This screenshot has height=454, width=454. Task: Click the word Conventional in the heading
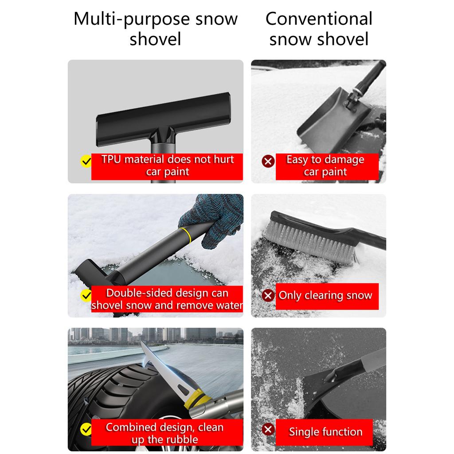pyautogui.click(x=319, y=19)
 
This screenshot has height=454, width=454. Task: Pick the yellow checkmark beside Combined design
pyautogui.click(x=86, y=429)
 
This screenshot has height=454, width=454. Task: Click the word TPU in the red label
pyautogui.click(x=111, y=160)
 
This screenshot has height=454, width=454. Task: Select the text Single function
pyautogui.click(x=326, y=432)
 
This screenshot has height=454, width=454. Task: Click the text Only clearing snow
pyautogui.click(x=325, y=296)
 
